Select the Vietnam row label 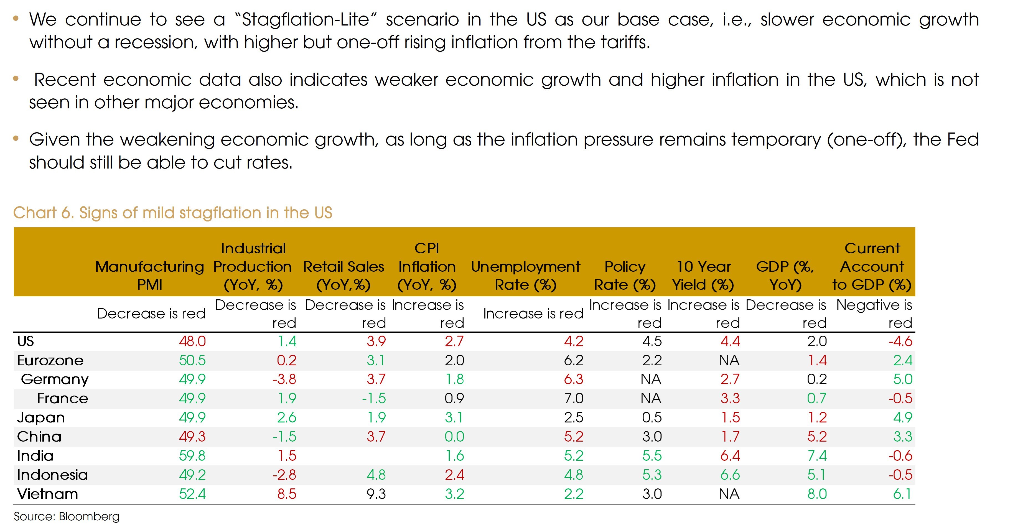(x=47, y=494)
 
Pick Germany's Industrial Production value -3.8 (x=284, y=379)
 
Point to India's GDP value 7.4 (x=817, y=456)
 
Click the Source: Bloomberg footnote (x=67, y=516)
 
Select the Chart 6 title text (x=172, y=213)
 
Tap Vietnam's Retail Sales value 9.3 (x=376, y=494)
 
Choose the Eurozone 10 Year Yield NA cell (x=729, y=360)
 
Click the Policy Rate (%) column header (x=625, y=275)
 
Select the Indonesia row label (x=52, y=475)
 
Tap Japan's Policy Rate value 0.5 (x=652, y=417)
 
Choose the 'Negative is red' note (x=874, y=314)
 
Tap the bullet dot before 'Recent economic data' (x=16, y=79)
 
